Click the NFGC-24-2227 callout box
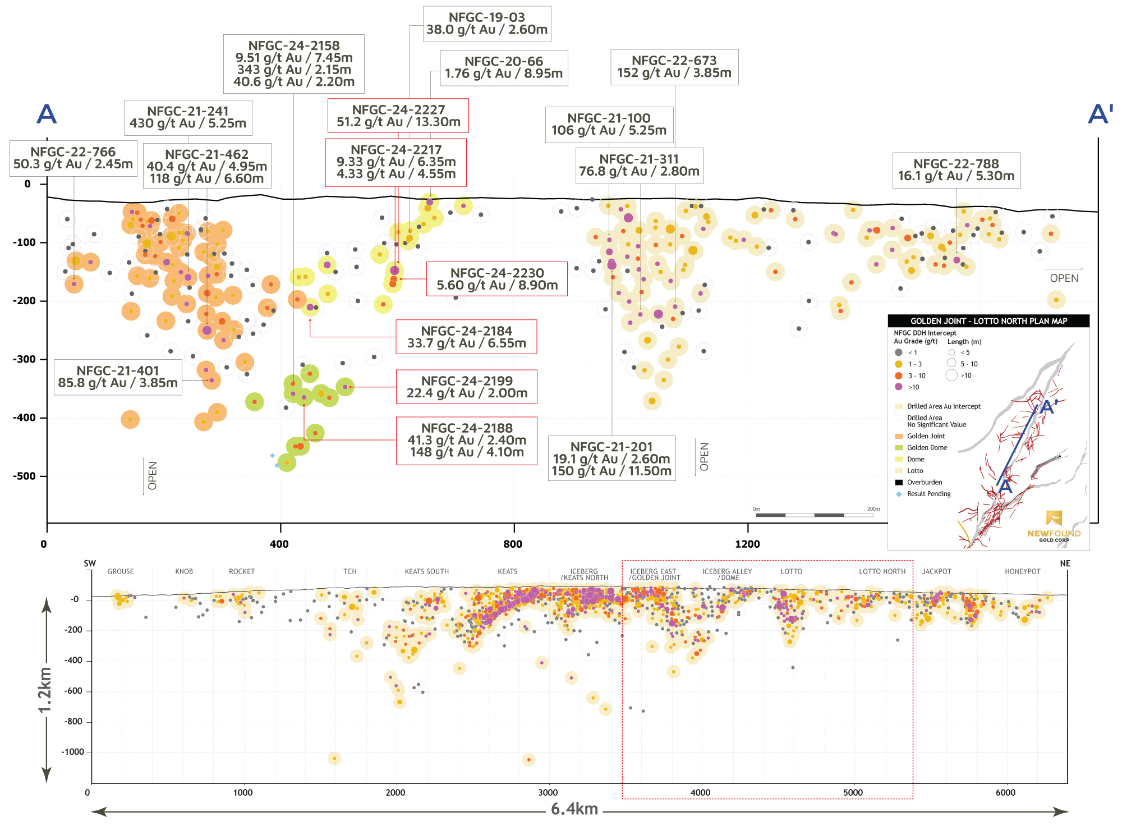[398, 116]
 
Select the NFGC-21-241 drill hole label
[188, 117]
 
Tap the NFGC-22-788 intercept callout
[956, 170]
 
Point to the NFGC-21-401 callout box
[118, 377]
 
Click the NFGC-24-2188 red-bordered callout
[467, 441]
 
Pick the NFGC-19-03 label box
[487, 24]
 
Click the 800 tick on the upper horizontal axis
[513, 543]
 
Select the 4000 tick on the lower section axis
[700, 792]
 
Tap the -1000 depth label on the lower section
[72, 752]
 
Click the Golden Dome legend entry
[927, 447]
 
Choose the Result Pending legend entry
[928, 494]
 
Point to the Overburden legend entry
[925, 482]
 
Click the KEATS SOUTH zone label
[427, 571]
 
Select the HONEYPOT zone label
[1022, 571]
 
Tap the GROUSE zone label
[121, 571]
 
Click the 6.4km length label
[574, 809]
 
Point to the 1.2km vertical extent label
[45, 690]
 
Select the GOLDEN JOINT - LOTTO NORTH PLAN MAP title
[988, 321]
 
